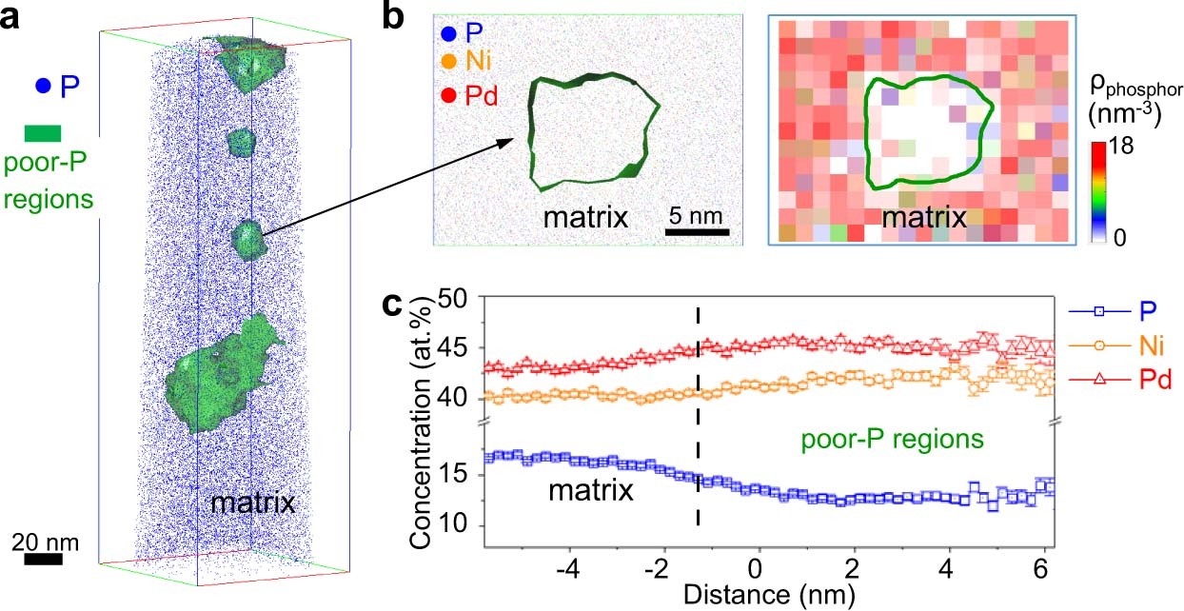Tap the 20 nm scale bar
point(43,559)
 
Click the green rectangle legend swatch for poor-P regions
point(43,133)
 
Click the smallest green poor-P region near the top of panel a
point(242,143)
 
